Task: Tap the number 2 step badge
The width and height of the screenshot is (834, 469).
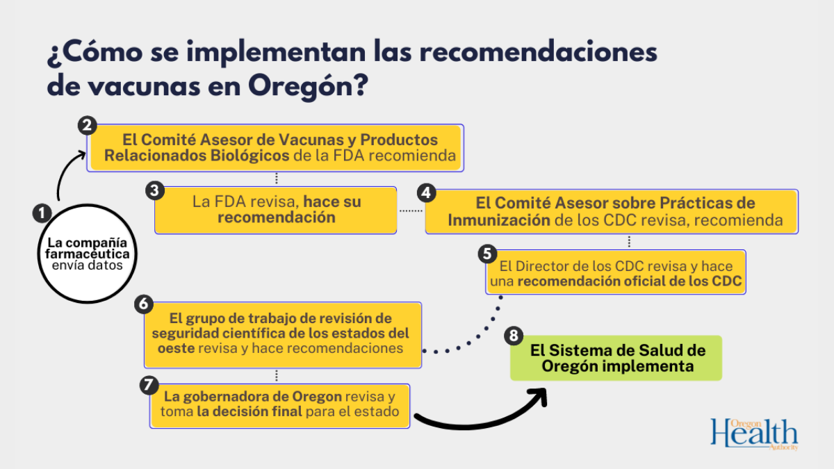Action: click(87, 126)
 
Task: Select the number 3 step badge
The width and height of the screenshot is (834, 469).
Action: click(155, 189)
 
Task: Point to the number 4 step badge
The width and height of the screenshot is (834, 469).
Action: click(425, 192)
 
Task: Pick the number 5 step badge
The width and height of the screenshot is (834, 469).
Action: click(487, 253)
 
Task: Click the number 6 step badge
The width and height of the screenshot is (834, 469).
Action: click(144, 304)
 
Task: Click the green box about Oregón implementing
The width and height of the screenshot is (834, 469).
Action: click(616, 359)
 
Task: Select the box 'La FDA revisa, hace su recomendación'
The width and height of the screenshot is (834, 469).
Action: click(275, 210)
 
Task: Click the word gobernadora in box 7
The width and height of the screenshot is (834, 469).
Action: click(219, 397)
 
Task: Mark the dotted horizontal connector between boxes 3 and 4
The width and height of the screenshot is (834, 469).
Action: click(411, 210)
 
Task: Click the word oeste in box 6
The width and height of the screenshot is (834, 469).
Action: click(173, 347)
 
